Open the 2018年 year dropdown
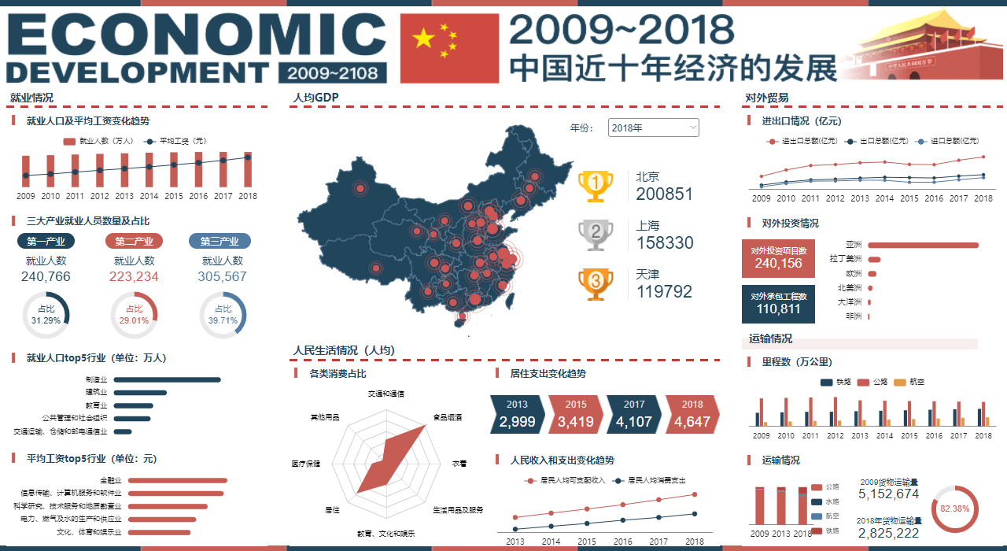point(653,128)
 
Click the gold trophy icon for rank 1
point(596,186)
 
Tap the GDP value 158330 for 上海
point(665,243)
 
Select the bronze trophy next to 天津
point(596,283)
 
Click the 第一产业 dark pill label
point(46,241)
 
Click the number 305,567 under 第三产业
point(223,277)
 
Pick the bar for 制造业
point(167,379)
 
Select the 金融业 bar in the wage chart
point(177,480)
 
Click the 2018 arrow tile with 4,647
point(692,414)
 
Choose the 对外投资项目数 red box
point(778,258)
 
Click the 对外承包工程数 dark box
point(778,304)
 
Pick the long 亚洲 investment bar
point(923,245)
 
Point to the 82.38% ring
point(954,509)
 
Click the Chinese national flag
point(449,48)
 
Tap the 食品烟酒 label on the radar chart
point(447,417)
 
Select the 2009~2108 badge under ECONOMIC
point(333,72)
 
